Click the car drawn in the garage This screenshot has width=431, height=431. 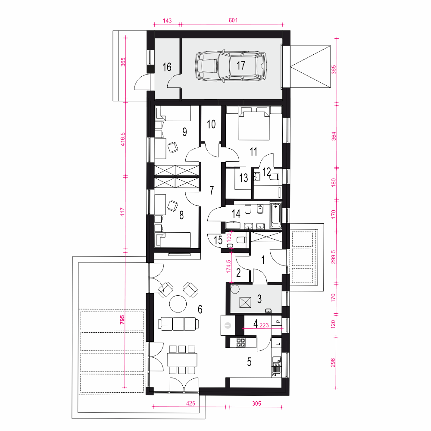tap(231, 66)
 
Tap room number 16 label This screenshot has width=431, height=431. tap(167, 67)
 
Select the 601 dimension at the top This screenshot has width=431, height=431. tap(233, 20)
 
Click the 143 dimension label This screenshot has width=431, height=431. tap(167, 21)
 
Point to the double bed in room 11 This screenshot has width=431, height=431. tap(254, 123)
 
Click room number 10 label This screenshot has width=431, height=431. tap(211, 124)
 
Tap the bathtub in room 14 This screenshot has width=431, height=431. tap(276, 216)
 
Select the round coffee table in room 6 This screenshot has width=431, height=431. tap(178, 304)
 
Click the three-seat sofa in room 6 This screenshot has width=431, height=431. tap(178, 324)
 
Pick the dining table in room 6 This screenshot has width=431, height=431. tap(182, 360)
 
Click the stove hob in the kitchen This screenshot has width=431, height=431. tap(241, 342)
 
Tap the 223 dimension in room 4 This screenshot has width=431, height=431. tap(264, 325)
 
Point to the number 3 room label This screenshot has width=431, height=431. tap(259, 299)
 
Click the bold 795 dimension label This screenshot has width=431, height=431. tap(122, 320)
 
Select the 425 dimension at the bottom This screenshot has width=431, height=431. tap(191, 403)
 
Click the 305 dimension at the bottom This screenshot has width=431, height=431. tap(256, 403)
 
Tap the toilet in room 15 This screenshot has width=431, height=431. tap(241, 240)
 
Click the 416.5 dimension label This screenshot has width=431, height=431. tap(122, 139)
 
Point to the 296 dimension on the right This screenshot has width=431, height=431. tap(333, 362)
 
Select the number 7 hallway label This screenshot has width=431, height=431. tap(212, 190)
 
